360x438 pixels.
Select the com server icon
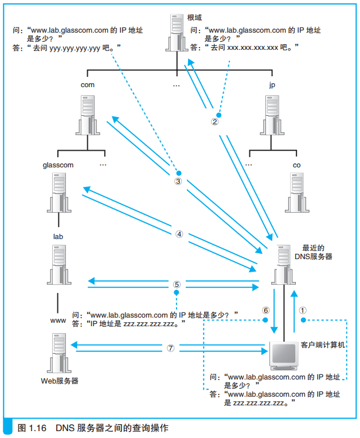(x=87, y=115)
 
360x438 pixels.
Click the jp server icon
(x=275, y=115)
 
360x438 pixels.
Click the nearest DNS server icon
(x=281, y=264)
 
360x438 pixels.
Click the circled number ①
(x=304, y=309)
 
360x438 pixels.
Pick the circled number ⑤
(x=177, y=284)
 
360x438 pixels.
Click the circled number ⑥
(x=265, y=309)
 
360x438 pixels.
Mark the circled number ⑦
(x=170, y=347)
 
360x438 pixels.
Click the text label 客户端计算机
(x=322, y=345)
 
